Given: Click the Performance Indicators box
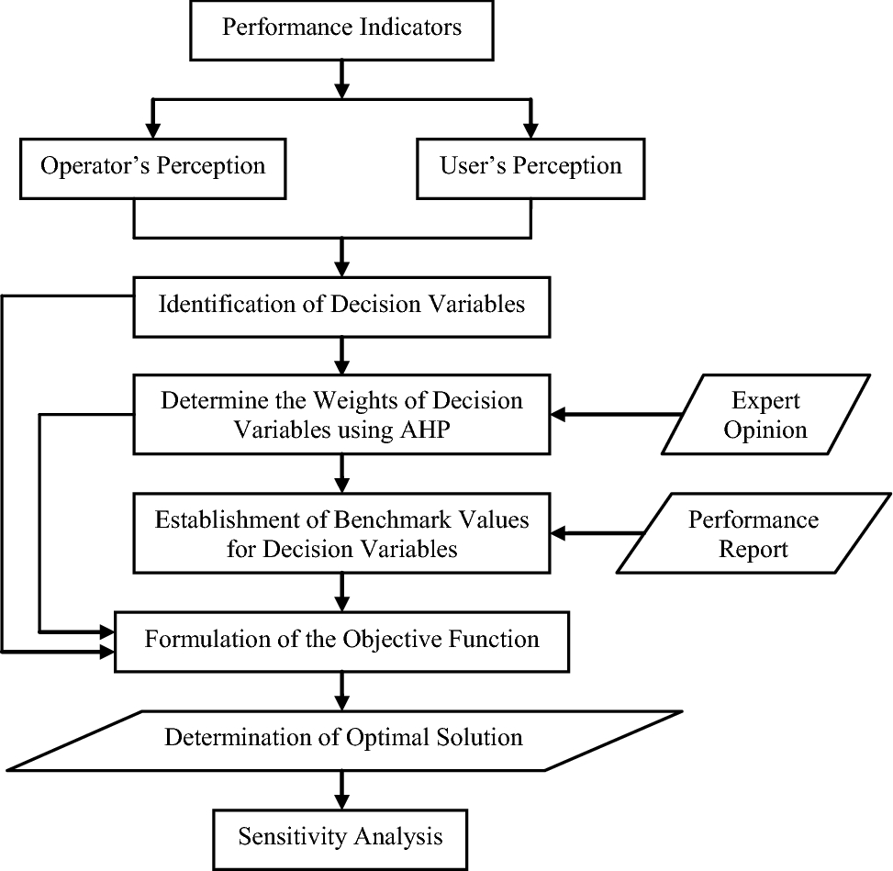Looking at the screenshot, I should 341,28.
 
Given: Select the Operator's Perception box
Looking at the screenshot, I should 152,166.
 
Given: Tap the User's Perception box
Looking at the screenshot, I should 530,166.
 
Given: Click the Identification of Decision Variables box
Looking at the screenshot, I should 341,305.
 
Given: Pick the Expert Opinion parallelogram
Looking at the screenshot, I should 766,415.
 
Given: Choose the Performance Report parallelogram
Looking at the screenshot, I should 753,533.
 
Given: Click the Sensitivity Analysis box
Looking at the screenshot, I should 340,836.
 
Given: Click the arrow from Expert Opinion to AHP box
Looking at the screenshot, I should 615,415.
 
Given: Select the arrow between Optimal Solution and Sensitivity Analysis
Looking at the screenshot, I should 341,788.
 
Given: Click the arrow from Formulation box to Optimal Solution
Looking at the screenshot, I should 341,689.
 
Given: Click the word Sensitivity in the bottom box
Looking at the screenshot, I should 288,836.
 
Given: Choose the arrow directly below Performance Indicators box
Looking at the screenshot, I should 341,77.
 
